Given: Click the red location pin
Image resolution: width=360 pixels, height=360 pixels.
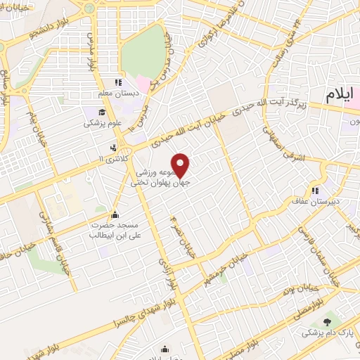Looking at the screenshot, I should [181, 165].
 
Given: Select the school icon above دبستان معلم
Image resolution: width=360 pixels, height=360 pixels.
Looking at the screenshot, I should [118, 82].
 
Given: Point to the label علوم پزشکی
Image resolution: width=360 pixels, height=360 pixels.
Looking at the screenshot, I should [103, 124].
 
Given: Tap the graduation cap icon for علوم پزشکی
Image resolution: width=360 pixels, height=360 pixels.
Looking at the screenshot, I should [102, 112].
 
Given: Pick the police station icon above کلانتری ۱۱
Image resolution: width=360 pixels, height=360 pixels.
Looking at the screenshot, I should [112, 148].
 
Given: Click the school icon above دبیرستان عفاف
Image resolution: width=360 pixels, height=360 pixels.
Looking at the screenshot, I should [316, 189].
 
